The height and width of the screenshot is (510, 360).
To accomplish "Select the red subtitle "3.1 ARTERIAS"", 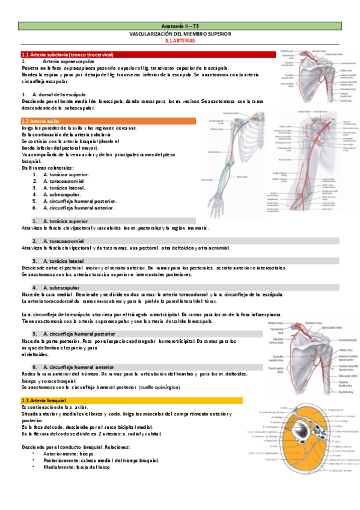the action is [180, 41].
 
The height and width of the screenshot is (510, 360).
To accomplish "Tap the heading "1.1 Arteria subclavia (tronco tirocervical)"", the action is [67, 55].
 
